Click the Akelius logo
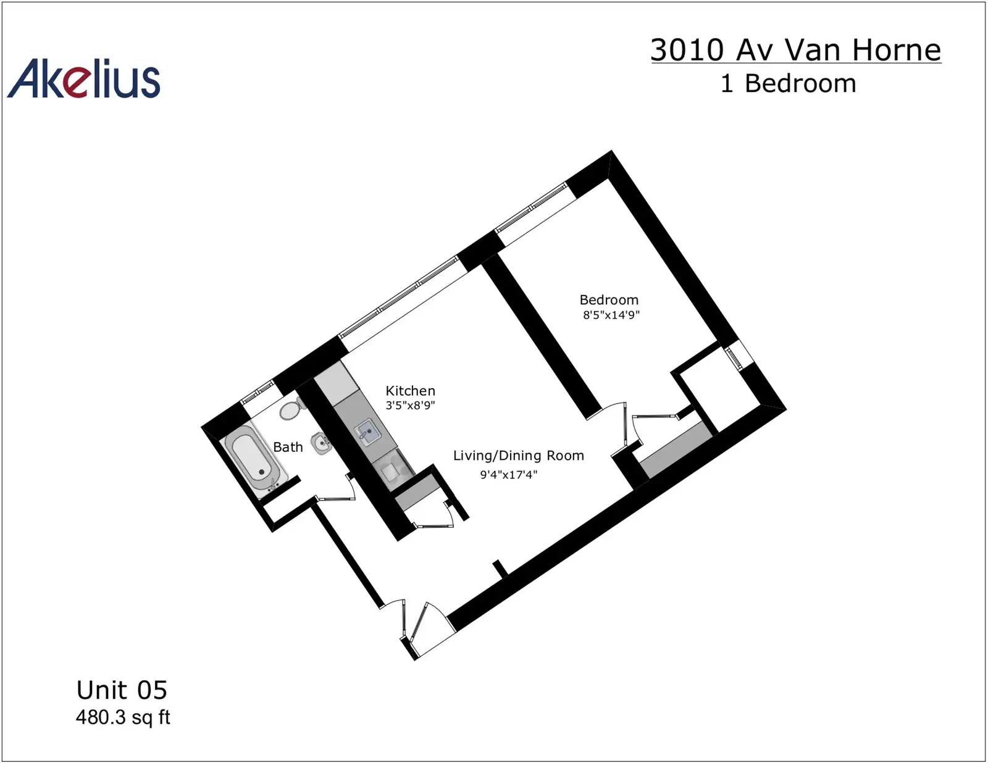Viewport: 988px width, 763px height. (x=83, y=78)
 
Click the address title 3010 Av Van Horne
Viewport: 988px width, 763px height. (x=796, y=50)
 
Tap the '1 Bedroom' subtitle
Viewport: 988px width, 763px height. (x=789, y=83)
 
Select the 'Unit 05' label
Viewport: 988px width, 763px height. (x=122, y=690)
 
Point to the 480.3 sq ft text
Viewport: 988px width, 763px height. (x=123, y=717)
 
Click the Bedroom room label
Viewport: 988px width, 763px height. (x=609, y=300)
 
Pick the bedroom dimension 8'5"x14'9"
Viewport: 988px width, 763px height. (x=611, y=315)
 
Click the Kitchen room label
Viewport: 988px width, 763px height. (x=410, y=391)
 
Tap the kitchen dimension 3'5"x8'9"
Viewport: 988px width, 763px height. (x=410, y=405)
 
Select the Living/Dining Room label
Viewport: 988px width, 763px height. (x=518, y=456)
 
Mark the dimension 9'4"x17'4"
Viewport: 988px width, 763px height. (x=509, y=475)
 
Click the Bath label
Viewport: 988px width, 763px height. (x=288, y=447)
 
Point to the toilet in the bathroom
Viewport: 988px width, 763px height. (x=291, y=409)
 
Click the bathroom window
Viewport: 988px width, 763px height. (x=257, y=391)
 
